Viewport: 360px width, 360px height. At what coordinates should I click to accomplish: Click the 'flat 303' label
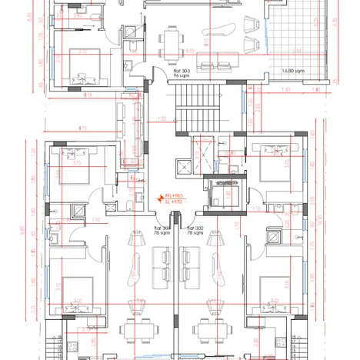click(x=161, y=69)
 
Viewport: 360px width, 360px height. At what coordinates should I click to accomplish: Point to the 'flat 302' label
click(x=195, y=228)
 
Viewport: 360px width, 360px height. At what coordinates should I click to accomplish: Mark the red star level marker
click(x=160, y=197)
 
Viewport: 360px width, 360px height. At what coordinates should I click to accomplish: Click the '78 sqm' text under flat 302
click(x=195, y=235)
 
